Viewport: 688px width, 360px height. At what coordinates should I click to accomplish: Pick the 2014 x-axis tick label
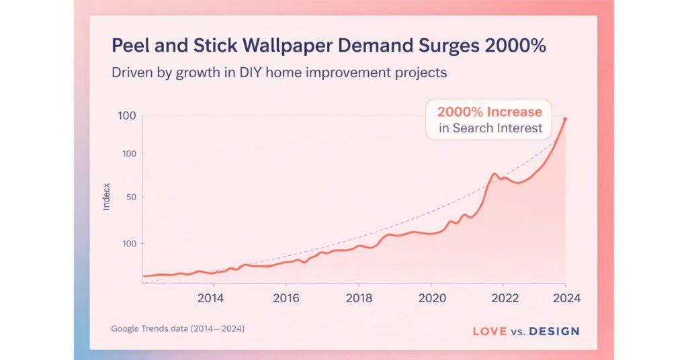(x=211, y=298)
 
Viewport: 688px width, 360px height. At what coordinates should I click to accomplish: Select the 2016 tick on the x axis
(x=286, y=298)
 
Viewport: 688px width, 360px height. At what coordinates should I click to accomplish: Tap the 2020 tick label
(x=432, y=298)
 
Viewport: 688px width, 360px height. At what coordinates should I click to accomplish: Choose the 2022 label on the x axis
(x=505, y=298)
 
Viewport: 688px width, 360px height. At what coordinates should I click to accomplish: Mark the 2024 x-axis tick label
(x=565, y=298)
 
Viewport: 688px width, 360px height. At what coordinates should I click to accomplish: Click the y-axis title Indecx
(x=106, y=196)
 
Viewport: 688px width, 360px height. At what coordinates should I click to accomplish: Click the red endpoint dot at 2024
(x=565, y=120)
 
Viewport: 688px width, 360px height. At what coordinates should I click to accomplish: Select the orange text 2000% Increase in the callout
(x=489, y=111)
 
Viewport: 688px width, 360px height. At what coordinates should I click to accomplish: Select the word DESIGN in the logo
(x=554, y=331)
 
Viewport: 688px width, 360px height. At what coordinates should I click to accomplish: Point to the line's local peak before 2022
(x=494, y=174)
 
